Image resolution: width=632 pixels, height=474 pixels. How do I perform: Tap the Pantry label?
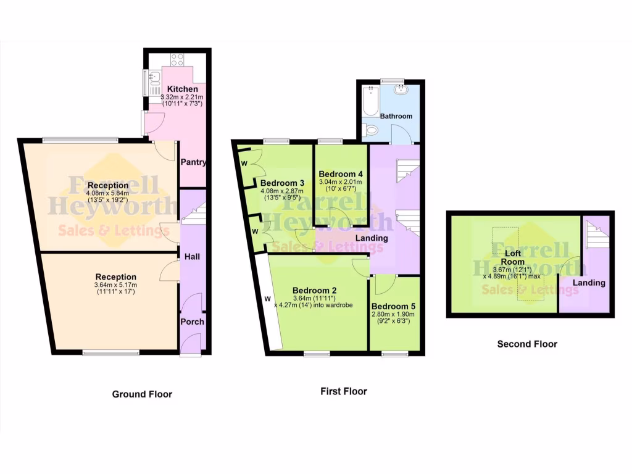(193, 162)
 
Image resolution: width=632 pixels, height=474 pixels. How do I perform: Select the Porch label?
(192, 322)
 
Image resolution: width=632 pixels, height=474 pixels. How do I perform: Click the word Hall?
(192, 256)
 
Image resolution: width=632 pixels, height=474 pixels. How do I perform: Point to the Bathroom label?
(396, 116)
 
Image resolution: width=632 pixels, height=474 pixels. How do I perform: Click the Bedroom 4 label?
(341, 174)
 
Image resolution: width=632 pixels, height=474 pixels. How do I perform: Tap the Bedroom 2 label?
(314, 291)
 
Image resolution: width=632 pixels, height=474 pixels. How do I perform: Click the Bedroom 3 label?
(282, 183)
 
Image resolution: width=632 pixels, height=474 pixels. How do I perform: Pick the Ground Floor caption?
(142, 394)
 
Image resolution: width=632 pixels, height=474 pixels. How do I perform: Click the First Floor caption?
(343, 391)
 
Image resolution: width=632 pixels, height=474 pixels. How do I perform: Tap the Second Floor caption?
(527, 344)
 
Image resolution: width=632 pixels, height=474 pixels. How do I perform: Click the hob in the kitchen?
(177, 60)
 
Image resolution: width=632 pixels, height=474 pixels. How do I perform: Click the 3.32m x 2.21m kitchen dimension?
(182, 97)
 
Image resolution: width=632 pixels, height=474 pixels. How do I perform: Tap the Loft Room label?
(512, 257)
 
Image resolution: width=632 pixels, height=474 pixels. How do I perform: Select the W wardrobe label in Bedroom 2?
(268, 299)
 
